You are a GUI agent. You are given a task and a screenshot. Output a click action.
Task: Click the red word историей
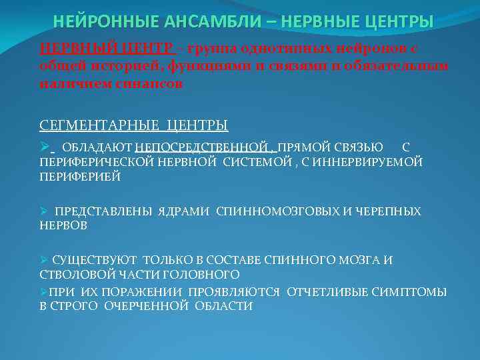coord(107,67)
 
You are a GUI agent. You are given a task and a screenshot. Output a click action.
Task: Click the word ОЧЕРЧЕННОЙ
coord(155,306)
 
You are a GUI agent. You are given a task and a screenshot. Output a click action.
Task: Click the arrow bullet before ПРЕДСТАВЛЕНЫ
coord(44,211)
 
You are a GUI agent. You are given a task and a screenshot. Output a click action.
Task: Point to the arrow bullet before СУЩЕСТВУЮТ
coord(44,260)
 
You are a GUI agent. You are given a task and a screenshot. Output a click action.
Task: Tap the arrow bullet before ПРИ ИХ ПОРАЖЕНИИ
coord(44,292)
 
